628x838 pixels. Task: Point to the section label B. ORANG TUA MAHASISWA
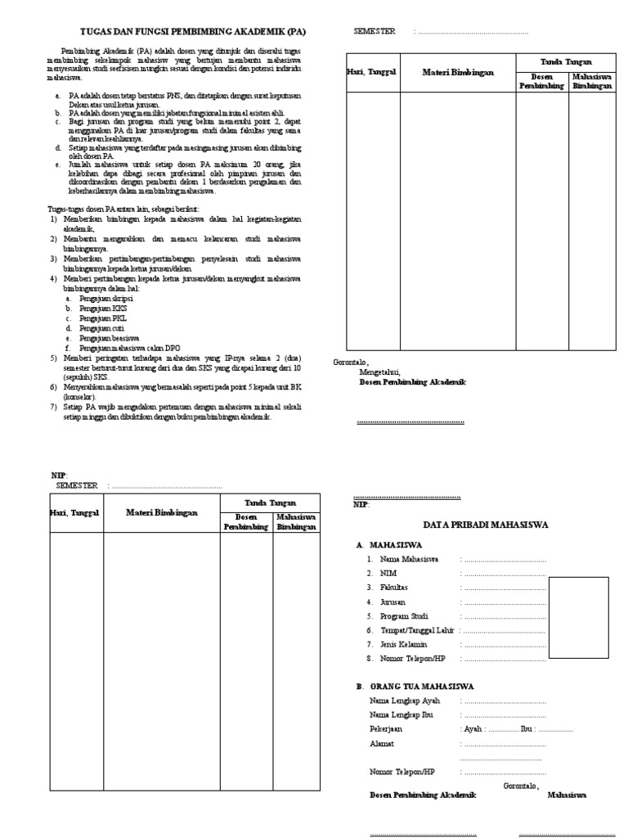click(x=415, y=686)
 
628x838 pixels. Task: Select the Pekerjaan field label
click(x=386, y=728)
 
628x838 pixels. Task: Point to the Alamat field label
click(x=382, y=743)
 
